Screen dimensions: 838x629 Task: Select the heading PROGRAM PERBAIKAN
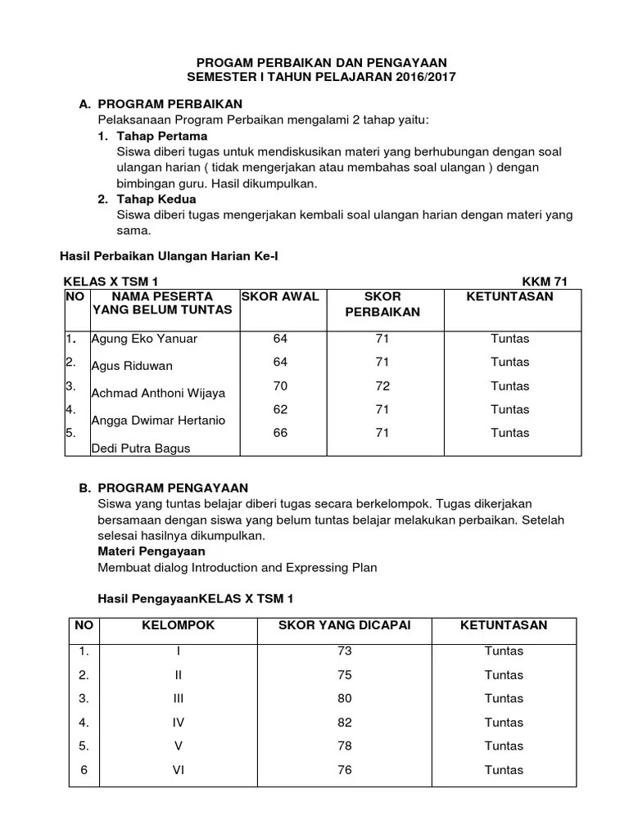170,105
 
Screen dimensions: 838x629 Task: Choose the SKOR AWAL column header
279,296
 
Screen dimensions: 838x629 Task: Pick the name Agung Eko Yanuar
144,339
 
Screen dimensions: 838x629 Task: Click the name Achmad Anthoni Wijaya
158,393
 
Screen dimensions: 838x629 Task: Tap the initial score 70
281,385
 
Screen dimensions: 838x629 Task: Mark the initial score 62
281,409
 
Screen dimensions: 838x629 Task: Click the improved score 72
382,385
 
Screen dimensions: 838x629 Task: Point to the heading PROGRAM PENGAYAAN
173,488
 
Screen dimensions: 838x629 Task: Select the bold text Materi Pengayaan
152,552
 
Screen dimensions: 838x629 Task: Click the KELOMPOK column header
179,625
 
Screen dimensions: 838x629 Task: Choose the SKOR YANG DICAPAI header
344,625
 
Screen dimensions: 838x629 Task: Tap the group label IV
179,723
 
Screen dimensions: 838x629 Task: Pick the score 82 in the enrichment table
344,723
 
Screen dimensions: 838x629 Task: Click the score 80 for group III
344,699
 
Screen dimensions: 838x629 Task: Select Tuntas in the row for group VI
504,769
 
